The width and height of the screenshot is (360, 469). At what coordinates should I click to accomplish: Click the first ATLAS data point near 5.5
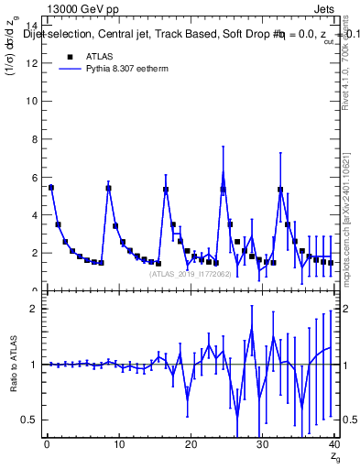coord(51,187)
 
